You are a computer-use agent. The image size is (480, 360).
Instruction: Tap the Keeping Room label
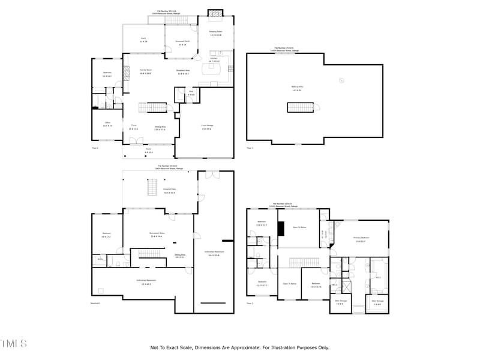tap(216, 32)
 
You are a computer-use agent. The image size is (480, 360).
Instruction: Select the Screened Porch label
tap(181, 43)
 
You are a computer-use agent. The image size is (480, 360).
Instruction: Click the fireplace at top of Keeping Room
tap(215, 14)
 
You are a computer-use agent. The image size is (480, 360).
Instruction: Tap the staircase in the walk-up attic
tap(300, 107)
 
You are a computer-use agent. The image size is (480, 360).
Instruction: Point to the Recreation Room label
tap(156, 234)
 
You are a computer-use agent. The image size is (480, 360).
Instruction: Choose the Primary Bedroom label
tap(361, 239)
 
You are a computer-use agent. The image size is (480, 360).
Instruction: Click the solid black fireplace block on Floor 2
tap(280, 230)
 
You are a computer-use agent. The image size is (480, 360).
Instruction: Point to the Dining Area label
tap(160, 127)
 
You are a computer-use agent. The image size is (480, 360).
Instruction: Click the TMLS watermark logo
tap(14, 344)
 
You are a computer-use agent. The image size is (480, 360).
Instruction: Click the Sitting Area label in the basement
tap(179, 256)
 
